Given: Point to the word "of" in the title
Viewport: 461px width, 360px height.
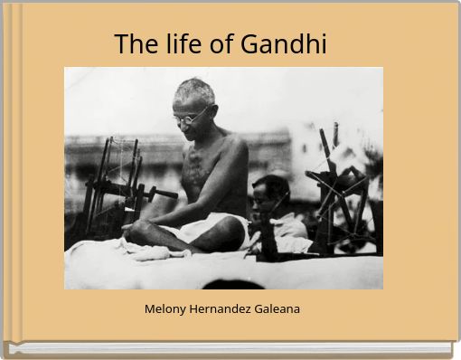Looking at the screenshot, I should pyautogui.click(x=221, y=43).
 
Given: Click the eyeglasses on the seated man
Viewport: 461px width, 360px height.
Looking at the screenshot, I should pyautogui.click(x=191, y=117).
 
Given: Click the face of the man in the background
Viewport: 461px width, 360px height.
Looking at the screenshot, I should pyautogui.click(x=265, y=198).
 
